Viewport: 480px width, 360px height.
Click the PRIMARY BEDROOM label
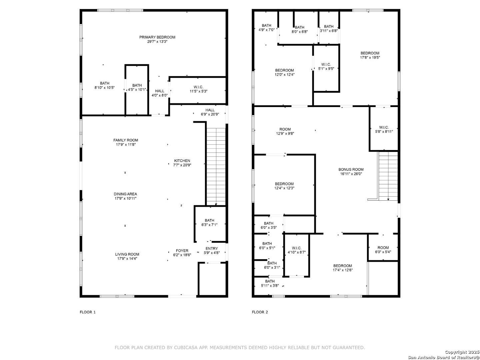[157, 37]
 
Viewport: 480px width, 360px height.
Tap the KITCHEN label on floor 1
[182, 161]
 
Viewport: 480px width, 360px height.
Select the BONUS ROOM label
[351, 169]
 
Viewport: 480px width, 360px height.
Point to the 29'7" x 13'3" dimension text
[157, 42]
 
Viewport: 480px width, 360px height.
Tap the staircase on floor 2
[388, 176]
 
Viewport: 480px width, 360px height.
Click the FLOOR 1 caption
[87, 312]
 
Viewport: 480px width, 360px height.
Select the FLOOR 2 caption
[260, 312]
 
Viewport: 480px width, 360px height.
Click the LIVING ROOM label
[127, 254]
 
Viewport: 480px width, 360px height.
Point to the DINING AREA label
[125, 194]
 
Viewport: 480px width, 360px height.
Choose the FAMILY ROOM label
[126, 140]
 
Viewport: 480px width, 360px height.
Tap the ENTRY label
[211, 249]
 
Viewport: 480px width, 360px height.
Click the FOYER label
[182, 251]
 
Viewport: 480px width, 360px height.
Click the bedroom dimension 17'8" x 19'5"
[370, 57]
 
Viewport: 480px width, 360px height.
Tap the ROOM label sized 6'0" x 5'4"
[383, 248]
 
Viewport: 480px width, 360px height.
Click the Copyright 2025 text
[462, 352]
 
